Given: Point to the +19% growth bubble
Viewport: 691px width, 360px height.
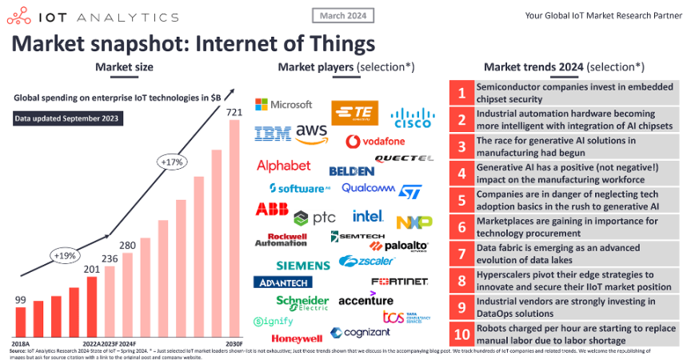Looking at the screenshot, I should click(x=66, y=255).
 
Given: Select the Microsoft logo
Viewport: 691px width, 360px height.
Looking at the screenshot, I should click(x=283, y=105).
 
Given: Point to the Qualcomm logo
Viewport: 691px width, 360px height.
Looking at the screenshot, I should click(x=368, y=189).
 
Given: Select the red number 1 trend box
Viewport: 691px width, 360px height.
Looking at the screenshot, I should click(x=461, y=94).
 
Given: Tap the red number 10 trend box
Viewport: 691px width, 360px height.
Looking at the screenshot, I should click(x=461, y=334).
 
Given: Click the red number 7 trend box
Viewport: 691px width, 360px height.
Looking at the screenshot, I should click(x=461, y=254).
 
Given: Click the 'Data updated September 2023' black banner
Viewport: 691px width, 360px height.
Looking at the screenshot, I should click(x=64, y=119).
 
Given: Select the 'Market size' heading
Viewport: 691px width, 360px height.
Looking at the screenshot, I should click(x=124, y=66).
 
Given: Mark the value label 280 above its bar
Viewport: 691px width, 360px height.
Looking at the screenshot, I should click(x=127, y=245).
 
